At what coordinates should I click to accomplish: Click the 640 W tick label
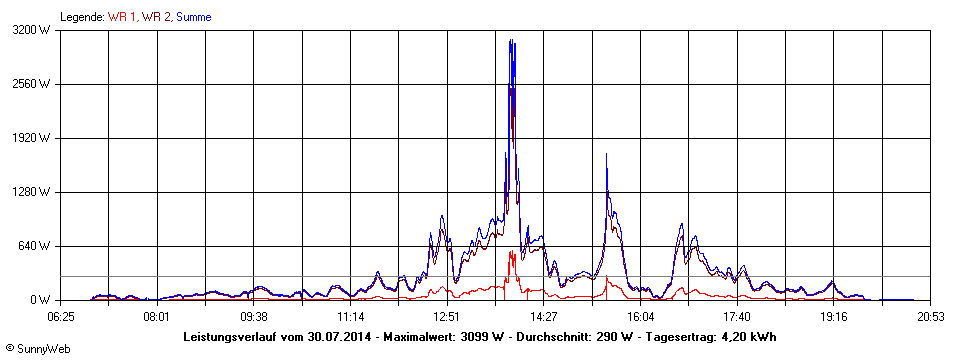pyautogui.click(x=38, y=246)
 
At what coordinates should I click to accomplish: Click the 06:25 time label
pyautogui.click(x=61, y=316)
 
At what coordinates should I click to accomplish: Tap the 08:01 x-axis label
pyautogui.click(x=156, y=316)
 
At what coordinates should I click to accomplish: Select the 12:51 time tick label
pyautogui.click(x=447, y=316)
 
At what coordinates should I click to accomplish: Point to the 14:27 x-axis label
pyautogui.click(x=544, y=316)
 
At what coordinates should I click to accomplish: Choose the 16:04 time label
pyautogui.click(x=641, y=316)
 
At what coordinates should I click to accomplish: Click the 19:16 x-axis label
pyautogui.click(x=834, y=316)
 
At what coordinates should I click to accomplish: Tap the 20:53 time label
pyautogui.click(x=931, y=316)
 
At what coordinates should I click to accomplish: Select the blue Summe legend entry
pyautogui.click(x=193, y=17)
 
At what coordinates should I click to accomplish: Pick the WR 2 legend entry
pyautogui.click(x=157, y=17)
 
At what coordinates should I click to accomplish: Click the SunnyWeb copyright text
pyautogui.click(x=38, y=348)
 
